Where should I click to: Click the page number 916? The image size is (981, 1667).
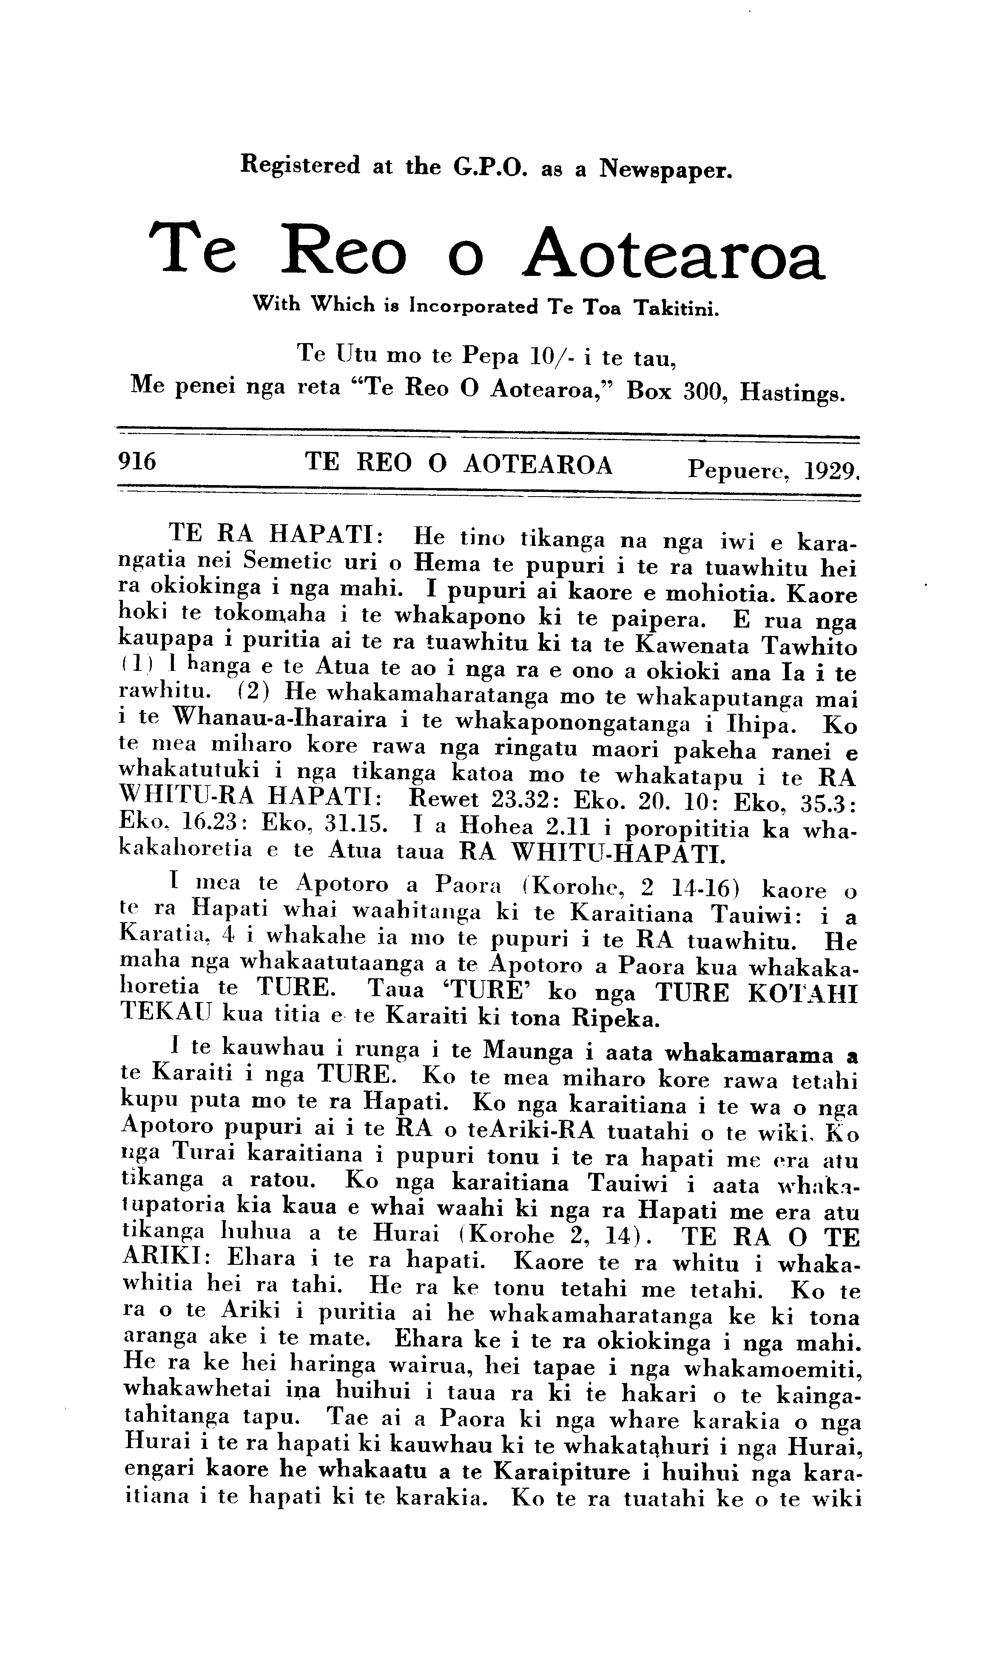[136, 461]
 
